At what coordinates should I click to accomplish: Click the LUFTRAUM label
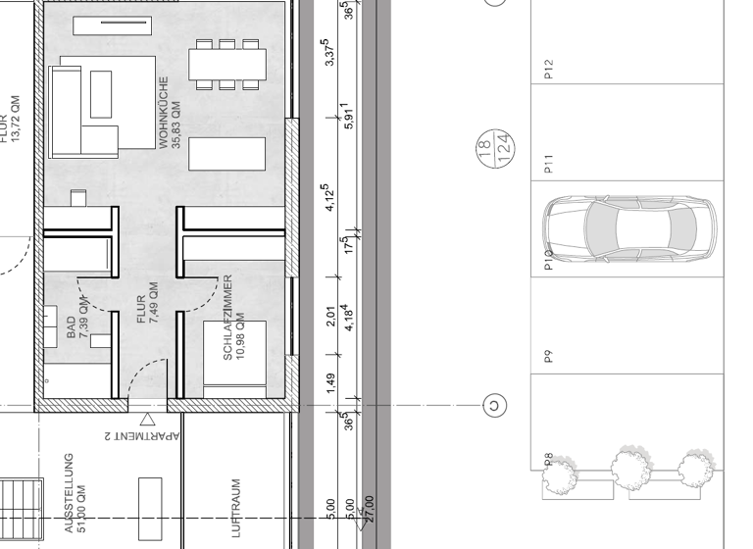click(x=235, y=508)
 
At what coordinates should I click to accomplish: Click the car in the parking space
click(x=629, y=230)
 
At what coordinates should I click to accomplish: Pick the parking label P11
click(x=549, y=164)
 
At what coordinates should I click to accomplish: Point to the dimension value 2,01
click(x=331, y=316)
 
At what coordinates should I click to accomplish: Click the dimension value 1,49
click(x=331, y=381)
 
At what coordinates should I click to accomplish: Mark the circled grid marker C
click(x=494, y=404)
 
